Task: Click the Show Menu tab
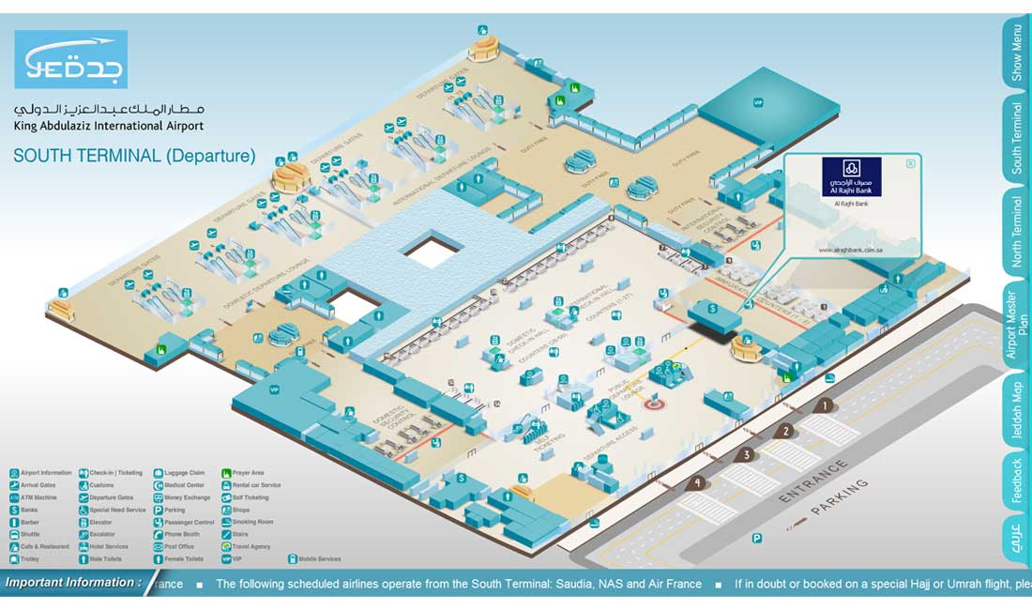coord(1016,53)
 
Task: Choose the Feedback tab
coord(1016,480)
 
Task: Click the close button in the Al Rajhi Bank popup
coord(910,164)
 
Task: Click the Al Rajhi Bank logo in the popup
coord(851,176)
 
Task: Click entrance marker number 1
coord(824,405)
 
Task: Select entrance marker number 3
coord(746,455)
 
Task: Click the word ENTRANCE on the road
coord(813,482)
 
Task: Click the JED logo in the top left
coord(70,59)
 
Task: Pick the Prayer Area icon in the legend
coord(227,473)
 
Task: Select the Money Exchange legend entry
coord(187,497)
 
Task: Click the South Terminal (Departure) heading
coord(134,156)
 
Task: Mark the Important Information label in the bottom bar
coord(71,583)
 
